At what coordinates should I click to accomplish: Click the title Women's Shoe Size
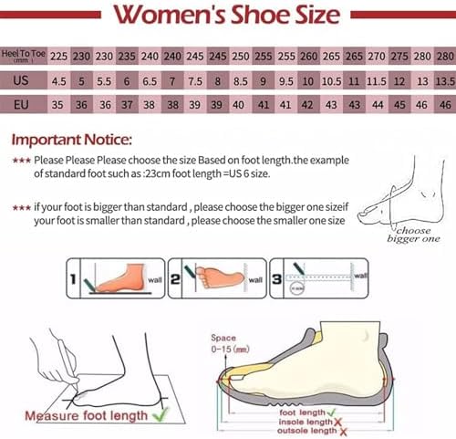(227, 16)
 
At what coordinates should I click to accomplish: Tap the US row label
(23, 80)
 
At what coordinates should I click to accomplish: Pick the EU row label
(23, 104)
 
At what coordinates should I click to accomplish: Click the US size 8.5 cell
(242, 80)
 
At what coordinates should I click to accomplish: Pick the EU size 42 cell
(306, 104)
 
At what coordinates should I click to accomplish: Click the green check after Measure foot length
(160, 416)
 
